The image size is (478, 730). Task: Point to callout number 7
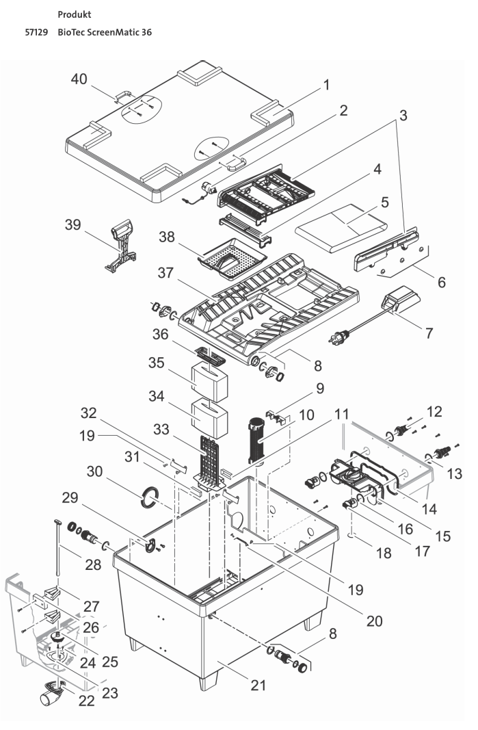click(x=429, y=333)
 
